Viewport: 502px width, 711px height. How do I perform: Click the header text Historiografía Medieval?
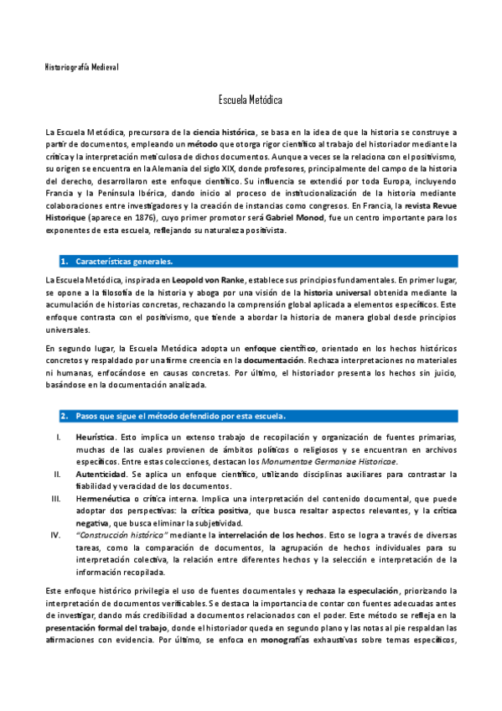tap(82, 66)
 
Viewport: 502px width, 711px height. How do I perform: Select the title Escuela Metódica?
tap(251, 100)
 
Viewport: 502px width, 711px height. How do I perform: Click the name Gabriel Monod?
tap(299, 217)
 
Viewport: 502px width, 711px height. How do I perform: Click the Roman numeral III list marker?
tap(57, 498)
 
